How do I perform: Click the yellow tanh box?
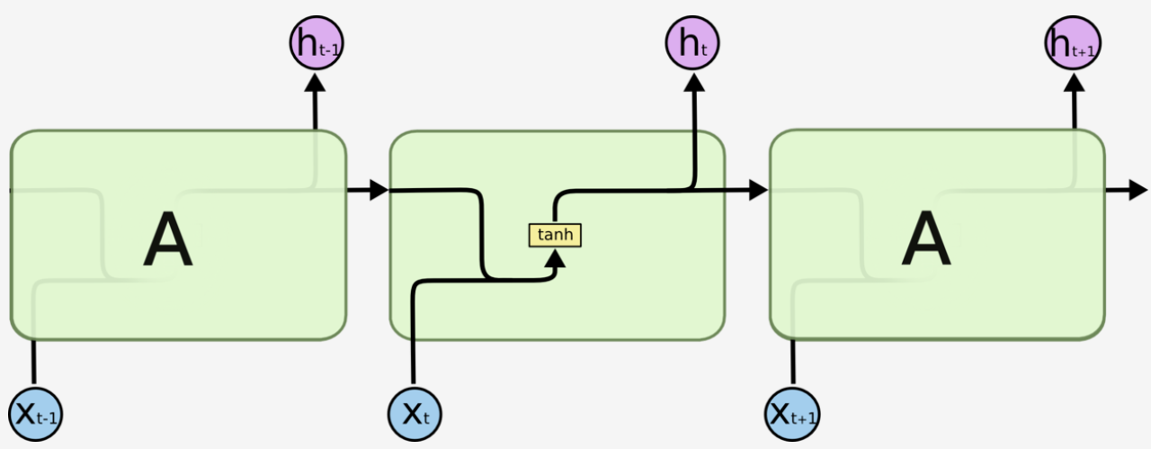tap(555, 236)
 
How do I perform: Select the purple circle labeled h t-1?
tap(316, 41)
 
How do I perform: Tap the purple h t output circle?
tap(692, 41)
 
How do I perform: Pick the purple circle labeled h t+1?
tap(1073, 41)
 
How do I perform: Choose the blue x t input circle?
tap(414, 415)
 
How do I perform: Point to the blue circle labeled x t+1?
tap(793, 415)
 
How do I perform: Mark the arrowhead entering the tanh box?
tap(557, 259)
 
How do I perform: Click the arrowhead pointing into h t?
tap(693, 83)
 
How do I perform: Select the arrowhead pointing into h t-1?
tap(316, 83)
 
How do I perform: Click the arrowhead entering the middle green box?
tap(378, 190)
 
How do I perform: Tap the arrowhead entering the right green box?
tap(758, 190)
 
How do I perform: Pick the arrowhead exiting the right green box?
tap(1138, 190)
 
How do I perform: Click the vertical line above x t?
tap(414, 342)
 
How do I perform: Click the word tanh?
tap(555, 236)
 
